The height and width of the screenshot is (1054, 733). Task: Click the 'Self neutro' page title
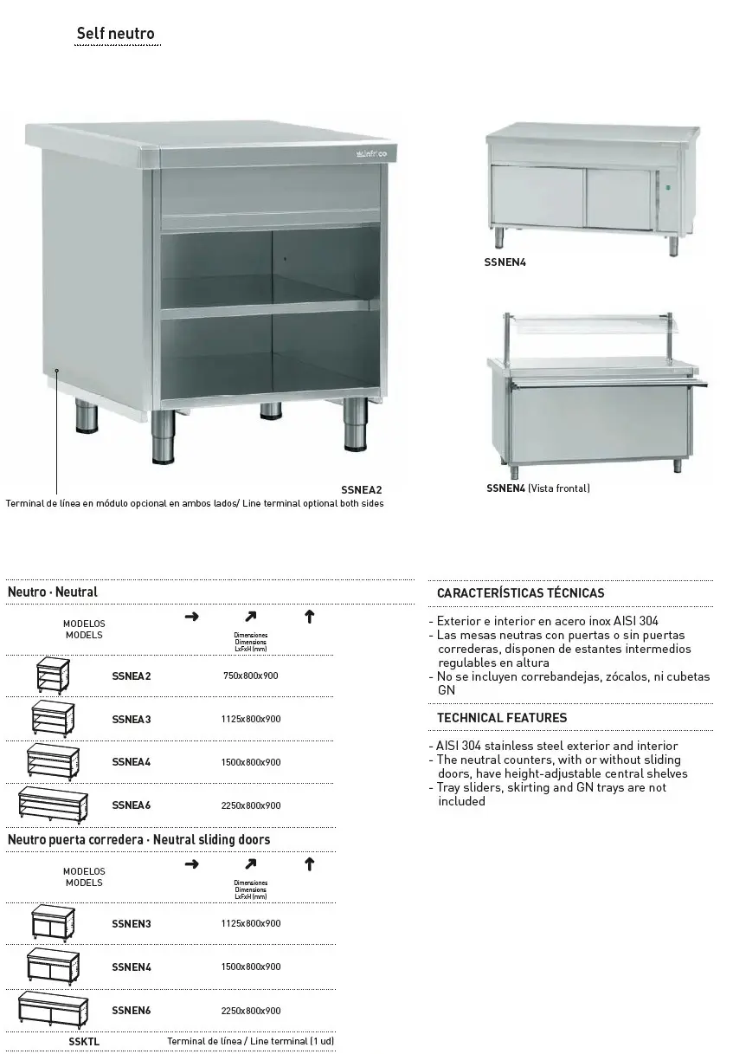[x=115, y=34]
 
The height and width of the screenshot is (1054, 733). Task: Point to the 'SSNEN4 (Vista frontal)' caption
[x=538, y=488]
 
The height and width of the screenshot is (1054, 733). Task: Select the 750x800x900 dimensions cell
[x=251, y=676]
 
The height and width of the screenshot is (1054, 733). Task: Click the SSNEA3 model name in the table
[x=132, y=719]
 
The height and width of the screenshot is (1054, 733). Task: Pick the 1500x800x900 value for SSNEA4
[x=251, y=762]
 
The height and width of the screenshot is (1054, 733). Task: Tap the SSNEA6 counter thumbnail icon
[x=53, y=805]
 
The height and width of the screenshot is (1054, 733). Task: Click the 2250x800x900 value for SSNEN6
[x=251, y=1011]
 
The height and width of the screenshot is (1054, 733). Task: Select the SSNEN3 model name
[x=132, y=923]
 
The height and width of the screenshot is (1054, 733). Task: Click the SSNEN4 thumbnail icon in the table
[x=53, y=966]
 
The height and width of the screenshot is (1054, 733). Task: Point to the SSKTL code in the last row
[x=84, y=1041]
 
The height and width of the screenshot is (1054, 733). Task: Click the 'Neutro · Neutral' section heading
[x=53, y=592]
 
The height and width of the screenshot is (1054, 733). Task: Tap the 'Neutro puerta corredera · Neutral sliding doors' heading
[x=138, y=839]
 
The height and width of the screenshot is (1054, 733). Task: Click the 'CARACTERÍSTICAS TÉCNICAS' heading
[x=520, y=593]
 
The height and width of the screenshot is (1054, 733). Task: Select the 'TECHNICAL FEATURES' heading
[x=502, y=717]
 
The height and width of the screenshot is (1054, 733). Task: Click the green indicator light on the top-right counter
[x=669, y=184]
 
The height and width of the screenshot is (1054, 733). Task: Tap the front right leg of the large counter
[x=355, y=426]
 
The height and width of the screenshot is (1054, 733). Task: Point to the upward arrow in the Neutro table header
[x=309, y=617]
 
